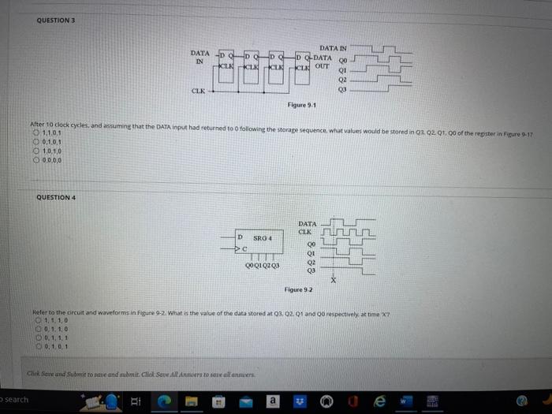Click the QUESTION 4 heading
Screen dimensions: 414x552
[54, 197]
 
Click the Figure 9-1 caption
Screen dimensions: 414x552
[302, 104]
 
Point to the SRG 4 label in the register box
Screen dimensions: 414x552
[263, 237]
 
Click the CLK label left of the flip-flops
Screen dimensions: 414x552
[200, 91]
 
